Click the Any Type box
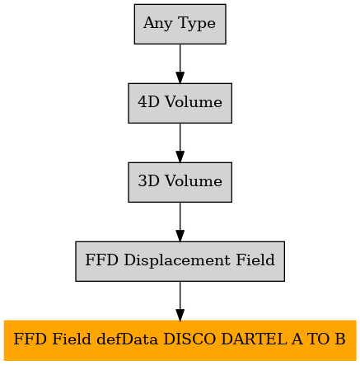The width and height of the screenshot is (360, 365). (x=180, y=24)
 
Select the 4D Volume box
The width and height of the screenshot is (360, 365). (x=180, y=103)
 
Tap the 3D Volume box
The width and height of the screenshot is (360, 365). (x=180, y=182)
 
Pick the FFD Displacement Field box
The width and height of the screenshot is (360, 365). (x=180, y=261)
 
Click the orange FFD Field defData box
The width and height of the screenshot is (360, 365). (x=180, y=340)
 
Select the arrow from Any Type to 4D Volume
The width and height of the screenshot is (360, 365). (x=180, y=63)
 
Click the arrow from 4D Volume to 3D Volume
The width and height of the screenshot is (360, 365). (x=180, y=143)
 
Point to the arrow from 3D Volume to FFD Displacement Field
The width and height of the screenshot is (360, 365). (x=180, y=222)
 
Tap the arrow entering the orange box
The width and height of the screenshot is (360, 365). (x=180, y=301)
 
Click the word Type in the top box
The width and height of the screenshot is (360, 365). (x=197, y=23)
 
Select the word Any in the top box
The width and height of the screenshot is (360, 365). (x=158, y=23)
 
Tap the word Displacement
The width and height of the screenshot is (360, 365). (x=177, y=260)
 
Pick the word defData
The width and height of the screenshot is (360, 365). (x=128, y=339)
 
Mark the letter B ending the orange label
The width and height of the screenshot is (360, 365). (x=340, y=339)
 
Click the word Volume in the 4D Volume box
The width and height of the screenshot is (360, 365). (x=194, y=102)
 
